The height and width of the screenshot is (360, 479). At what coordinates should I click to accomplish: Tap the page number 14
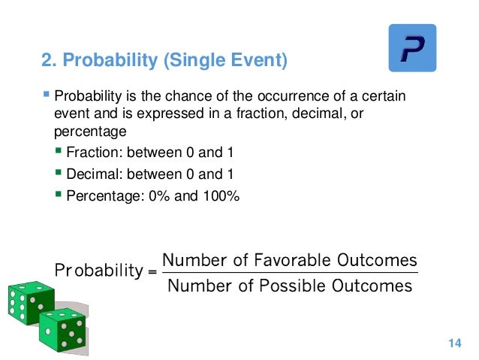click(x=453, y=343)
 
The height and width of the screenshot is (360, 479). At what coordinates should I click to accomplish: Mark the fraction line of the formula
click(x=289, y=274)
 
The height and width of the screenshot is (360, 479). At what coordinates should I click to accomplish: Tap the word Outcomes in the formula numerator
click(x=377, y=260)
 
